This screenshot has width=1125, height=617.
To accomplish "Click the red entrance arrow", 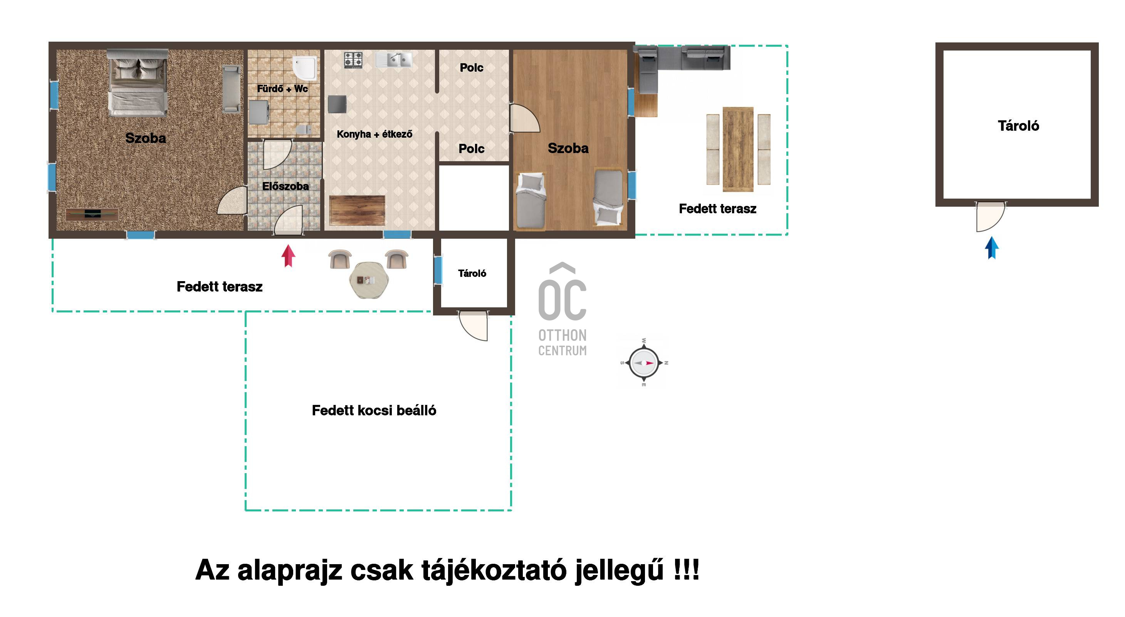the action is tap(288, 256).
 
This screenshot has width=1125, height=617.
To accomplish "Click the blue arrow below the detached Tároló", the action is tap(992, 248).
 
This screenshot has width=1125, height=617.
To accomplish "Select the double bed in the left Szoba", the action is tap(138, 83).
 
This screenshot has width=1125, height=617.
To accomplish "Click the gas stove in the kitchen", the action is tap(353, 60).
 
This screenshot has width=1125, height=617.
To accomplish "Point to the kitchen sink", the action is tap(393, 60).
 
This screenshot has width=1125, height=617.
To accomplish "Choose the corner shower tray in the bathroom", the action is tap(305, 68).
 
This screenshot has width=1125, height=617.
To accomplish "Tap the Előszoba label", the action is tap(285, 187).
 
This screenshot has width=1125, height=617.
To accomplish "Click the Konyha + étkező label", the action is tap(374, 134).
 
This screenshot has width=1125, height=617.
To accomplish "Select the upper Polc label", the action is tap(471, 68).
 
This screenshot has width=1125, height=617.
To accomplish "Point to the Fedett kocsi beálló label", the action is tap(374, 410).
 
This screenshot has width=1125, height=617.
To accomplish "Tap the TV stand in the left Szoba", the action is tap(92, 214).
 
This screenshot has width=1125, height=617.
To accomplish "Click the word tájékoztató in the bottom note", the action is tap(494, 570).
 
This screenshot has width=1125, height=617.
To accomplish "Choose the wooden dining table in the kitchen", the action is tap(357, 211).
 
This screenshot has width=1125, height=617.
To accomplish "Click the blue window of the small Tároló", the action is tap(438, 270).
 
